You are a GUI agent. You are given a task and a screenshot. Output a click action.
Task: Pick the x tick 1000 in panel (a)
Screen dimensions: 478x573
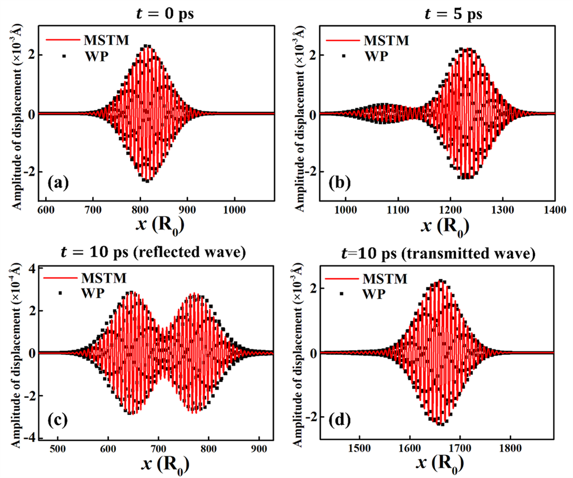(236, 211)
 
